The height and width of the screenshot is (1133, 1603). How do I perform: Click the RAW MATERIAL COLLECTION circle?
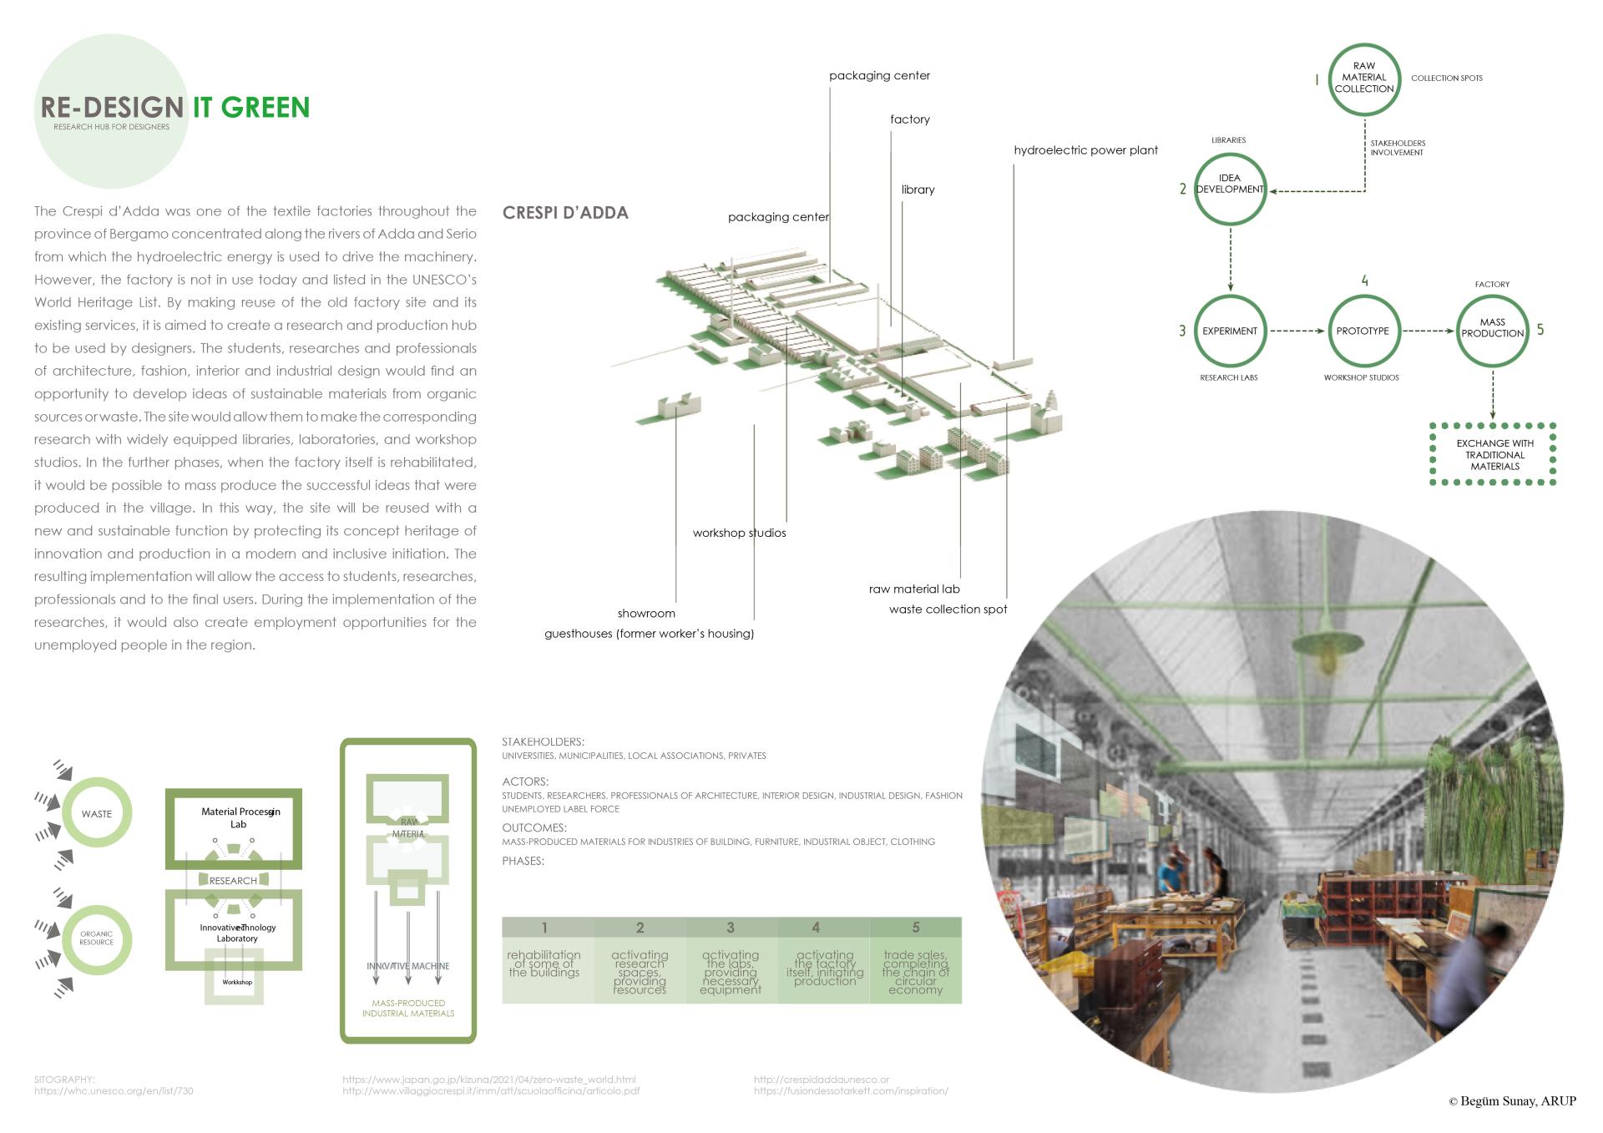click(1363, 78)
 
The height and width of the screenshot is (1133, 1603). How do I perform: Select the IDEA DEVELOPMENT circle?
click(1230, 189)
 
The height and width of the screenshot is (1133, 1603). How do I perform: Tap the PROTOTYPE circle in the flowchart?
click(1363, 331)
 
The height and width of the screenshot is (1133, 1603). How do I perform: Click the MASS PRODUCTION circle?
click(1492, 330)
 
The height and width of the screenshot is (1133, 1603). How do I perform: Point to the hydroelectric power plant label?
click(1085, 150)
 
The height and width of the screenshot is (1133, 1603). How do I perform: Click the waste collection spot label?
click(948, 609)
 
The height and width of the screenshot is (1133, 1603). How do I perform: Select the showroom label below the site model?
click(646, 614)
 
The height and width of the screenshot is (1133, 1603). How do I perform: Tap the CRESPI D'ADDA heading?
click(565, 213)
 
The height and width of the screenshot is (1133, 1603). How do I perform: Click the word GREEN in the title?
click(265, 108)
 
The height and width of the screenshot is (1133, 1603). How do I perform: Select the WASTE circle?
click(97, 813)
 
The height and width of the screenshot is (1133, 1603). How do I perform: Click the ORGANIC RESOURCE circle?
click(97, 939)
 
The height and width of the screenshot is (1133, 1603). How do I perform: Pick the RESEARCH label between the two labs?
click(233, 881)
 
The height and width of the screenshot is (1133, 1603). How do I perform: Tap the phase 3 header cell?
click(731, 928)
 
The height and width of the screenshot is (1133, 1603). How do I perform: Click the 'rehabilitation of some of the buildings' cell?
click(544, 964)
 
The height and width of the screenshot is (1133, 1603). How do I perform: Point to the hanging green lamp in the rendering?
click(1322, 647)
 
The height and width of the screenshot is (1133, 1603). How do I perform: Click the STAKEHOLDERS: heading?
click(543, 741)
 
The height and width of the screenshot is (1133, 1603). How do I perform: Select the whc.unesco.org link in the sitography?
click(114, 1090)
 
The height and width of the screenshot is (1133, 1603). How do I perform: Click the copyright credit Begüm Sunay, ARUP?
click(1512, 1101)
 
